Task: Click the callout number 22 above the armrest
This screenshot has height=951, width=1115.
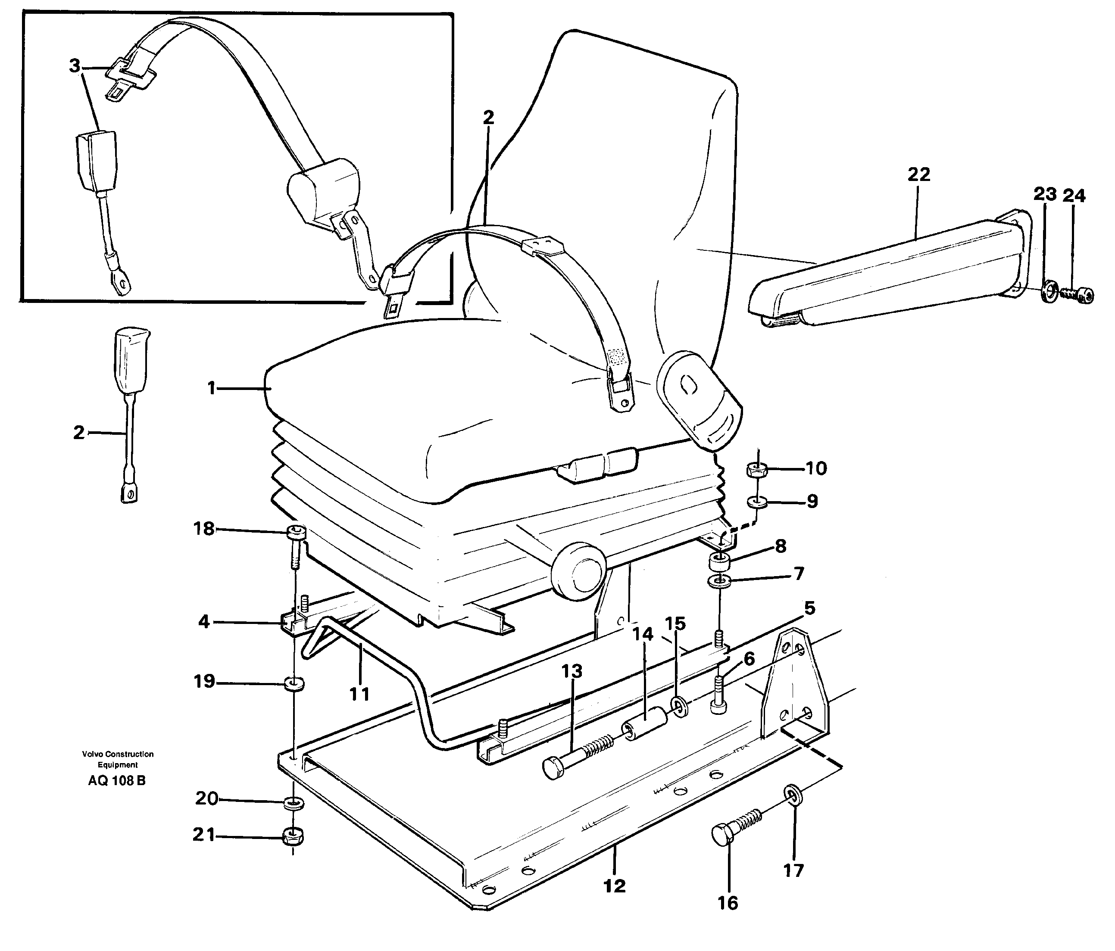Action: [x=918, y=174]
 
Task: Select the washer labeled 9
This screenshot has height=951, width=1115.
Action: [x=756, y=502]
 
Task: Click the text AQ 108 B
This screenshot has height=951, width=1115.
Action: [x=117, y=780]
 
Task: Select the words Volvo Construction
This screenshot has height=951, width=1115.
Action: [x=118, y=754]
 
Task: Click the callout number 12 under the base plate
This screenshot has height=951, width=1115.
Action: [x=615, y=886]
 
